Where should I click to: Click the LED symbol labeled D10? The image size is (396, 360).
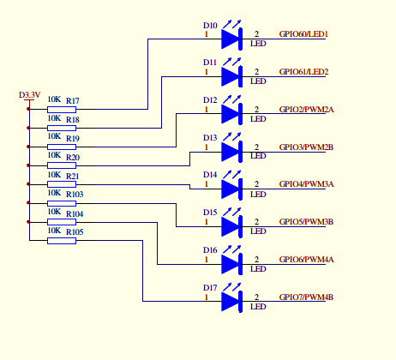click(230, 39)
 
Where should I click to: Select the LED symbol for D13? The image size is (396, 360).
click(230, 151)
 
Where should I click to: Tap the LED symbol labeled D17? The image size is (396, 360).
click(230, 301)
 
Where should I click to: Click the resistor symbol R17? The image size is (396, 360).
click(61, 110)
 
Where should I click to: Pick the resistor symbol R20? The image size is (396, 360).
click(61, 165)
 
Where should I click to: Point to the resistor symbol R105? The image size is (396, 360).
click(61, 241)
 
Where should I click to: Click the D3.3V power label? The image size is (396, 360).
click(29, 94)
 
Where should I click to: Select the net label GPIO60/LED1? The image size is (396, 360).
click(304, 34)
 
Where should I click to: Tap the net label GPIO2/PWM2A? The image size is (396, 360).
click(306, 109)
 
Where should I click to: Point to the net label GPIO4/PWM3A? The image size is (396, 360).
click(306, 184)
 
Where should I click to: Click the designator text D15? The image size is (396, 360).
click(210, 213)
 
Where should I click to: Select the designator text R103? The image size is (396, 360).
click(75, 195)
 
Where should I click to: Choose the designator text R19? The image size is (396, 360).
click(72, 139)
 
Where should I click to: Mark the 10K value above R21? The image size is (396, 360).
click(53, 176)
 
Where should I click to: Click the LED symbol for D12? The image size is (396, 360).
click(230, 113)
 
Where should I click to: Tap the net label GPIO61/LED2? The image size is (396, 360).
click(304, 72)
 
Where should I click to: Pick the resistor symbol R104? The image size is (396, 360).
click(61, 222)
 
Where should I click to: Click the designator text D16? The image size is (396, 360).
click(210, 250)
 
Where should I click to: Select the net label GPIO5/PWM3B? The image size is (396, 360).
click(306, 222)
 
